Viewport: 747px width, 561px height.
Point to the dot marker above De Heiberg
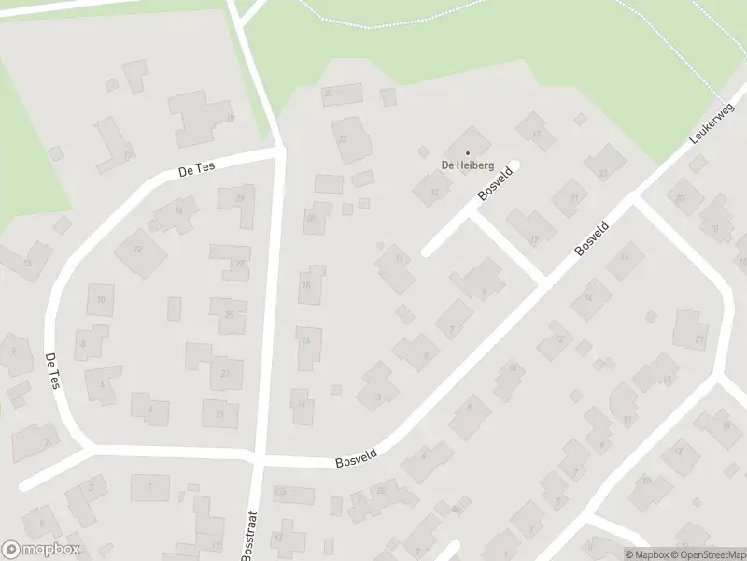468,153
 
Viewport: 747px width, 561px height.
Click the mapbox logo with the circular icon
41,549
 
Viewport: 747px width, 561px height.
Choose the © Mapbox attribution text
646,554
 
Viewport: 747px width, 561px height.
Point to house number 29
240,198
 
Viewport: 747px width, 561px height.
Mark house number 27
239,264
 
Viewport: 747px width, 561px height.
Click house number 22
342,138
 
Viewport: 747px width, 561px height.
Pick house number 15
27,263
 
